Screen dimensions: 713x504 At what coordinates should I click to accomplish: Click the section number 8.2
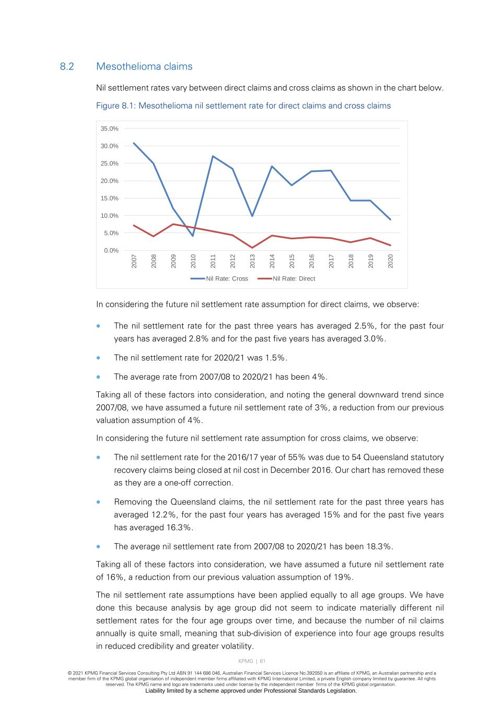tap(67, 66)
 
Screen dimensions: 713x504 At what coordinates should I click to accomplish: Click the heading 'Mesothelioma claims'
tap(144, 66)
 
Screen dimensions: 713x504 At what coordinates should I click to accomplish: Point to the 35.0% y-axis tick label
tap(110, 128)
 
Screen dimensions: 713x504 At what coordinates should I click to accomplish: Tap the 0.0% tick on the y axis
tap(111, 250)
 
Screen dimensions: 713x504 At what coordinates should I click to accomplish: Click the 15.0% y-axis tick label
tap(110, 198)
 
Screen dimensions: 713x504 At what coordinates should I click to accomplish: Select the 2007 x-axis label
tap(134, 261)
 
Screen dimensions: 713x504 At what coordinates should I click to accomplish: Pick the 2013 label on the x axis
tap(252, 261)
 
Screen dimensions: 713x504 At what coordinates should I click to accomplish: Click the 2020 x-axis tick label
tap(390, 261)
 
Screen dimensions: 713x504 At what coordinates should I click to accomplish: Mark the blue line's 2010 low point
tap(193, 236)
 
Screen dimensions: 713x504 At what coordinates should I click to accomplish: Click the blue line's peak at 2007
tap(134, 143)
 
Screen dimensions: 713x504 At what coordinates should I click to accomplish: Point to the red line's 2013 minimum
tap(252, 248)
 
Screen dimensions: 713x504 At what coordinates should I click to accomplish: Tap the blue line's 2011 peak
tap(213, 156)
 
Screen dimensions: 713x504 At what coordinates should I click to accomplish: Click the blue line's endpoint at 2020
tap(390, 219)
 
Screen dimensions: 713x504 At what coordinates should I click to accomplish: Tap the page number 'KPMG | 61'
tap(252, 661)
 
